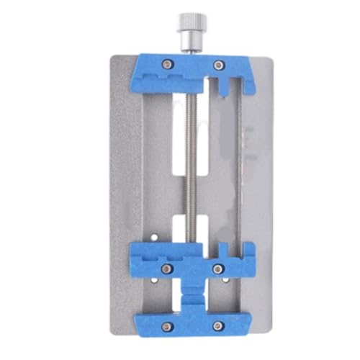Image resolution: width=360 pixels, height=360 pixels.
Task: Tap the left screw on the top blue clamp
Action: tap(167, 65)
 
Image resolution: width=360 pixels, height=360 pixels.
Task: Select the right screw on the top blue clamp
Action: tap(218, 66)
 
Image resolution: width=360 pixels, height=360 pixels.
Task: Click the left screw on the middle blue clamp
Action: tap(167, 268)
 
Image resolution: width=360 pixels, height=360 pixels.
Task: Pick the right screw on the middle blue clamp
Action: tap(218, 268)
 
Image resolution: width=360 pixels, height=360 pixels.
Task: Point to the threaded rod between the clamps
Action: tap(192, 166)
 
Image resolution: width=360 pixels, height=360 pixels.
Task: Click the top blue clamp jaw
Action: tap(192, 72)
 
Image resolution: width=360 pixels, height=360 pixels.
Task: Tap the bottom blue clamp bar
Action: tap(192, 322)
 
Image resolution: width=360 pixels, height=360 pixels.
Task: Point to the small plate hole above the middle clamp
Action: tap(156, 233)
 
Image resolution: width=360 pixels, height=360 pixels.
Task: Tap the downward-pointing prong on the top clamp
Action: tap(225, 86)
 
